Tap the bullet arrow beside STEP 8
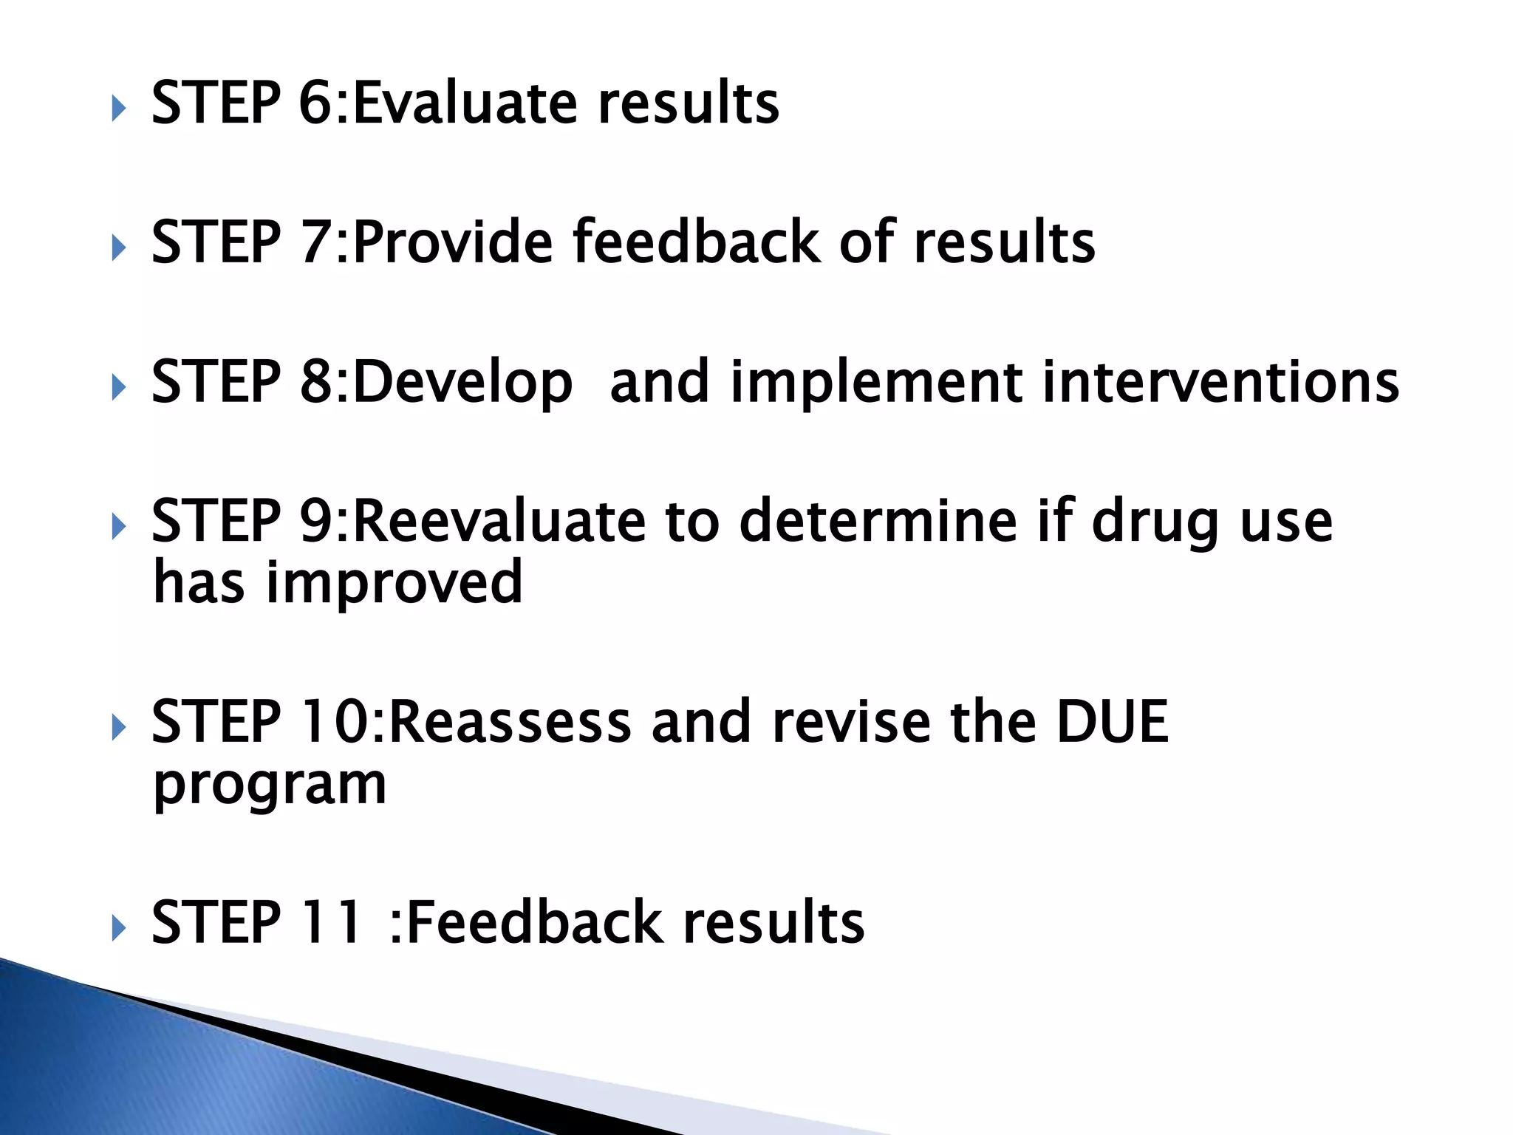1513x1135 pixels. (x=119, y=387)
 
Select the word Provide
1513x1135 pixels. (x=453, y=242)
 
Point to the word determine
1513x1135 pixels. (x=878, y=521)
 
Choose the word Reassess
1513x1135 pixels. (x=509, y=722)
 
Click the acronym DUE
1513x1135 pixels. (x=1112, y=722)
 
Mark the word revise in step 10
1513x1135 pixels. (x=850, y=722)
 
